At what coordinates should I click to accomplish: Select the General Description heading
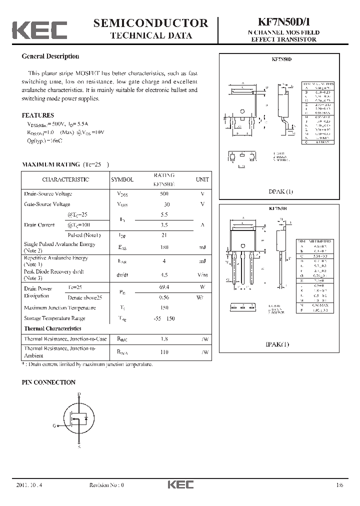click(50, 56)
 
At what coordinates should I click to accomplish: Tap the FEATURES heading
click(38, 114)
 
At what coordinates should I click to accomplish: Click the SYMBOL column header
click(122, 179)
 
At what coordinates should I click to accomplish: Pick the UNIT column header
click(202, 179)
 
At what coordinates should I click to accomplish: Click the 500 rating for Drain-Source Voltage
click(164, 194)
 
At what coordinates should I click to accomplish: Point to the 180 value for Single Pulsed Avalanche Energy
click(164, 247)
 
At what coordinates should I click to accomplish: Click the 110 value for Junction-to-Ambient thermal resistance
click(164, 352)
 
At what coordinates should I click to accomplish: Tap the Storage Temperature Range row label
click(54, 318)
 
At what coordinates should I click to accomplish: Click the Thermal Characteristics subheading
click(52, 328)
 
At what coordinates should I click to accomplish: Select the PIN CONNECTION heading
click(48, 382)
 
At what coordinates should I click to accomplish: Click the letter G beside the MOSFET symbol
click(54, 426)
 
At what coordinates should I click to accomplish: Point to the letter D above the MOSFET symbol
click(79, 394)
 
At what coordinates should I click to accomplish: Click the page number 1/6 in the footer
click(340, 485)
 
